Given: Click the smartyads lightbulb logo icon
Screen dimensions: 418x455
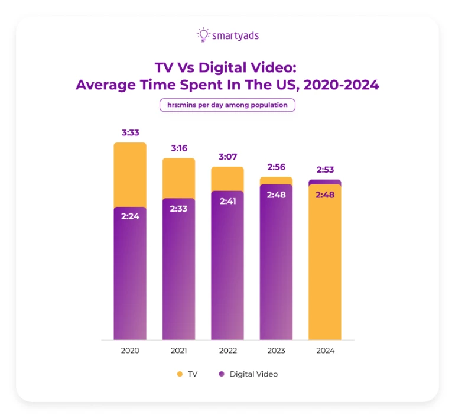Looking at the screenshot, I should coord(203,35).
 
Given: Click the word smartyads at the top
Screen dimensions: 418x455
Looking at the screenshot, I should coord(235,35).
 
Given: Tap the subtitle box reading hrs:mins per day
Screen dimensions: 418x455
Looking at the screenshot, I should coord(227,105).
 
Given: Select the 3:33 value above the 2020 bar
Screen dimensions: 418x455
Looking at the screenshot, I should coord(130,133).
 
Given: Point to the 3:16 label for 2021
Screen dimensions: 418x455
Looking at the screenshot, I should coord(178,148).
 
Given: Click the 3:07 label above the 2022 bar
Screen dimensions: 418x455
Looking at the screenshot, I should coord(227,157).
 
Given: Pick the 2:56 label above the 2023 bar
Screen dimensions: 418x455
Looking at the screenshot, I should coord(276,167).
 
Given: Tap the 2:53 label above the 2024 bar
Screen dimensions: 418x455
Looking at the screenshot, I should coord(325,170).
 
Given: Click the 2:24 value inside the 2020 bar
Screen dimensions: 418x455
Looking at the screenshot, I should coord(130,216).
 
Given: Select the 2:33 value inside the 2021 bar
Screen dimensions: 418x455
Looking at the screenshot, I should coord(178,208).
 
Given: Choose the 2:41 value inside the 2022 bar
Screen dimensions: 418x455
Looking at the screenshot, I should coord(227,201).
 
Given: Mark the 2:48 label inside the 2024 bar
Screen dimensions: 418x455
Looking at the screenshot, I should coord(325,195).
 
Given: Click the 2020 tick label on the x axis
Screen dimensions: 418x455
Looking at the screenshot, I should coord(130,351).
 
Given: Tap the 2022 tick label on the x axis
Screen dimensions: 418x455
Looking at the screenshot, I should coord(227,351).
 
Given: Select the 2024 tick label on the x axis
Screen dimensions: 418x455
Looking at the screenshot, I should coord(325,351).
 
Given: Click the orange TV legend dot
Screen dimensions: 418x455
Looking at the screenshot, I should coord(180,374).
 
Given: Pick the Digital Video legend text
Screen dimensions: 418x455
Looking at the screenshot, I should coord(253,374).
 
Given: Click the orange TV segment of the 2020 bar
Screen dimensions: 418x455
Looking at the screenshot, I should coord(130,174).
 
